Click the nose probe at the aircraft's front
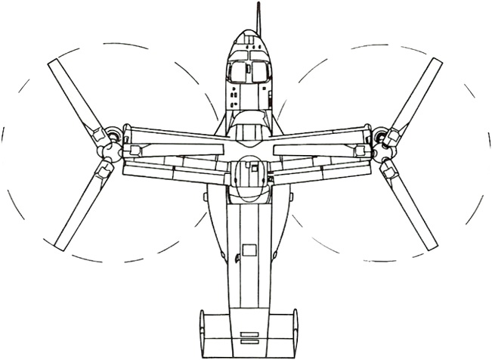pyautogui.click(x=259, y=15)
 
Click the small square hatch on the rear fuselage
pyautogui.click(x=249, y=248)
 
